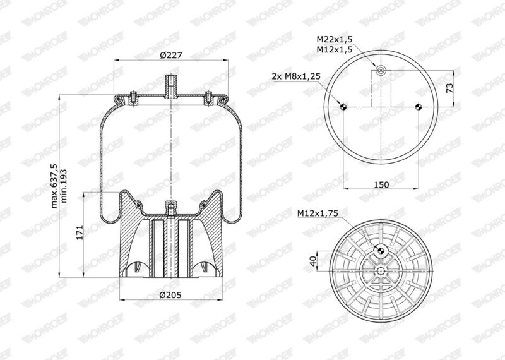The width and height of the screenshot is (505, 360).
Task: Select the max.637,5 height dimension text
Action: point(55,186)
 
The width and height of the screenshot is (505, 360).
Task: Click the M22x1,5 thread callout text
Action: point(334,40)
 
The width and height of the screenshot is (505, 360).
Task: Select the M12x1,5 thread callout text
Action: point(334,49)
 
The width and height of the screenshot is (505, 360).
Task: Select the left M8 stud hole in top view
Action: point(343,107)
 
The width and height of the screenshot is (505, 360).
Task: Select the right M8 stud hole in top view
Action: point(419,107)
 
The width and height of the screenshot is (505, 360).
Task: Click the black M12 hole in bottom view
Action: point(381,250)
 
